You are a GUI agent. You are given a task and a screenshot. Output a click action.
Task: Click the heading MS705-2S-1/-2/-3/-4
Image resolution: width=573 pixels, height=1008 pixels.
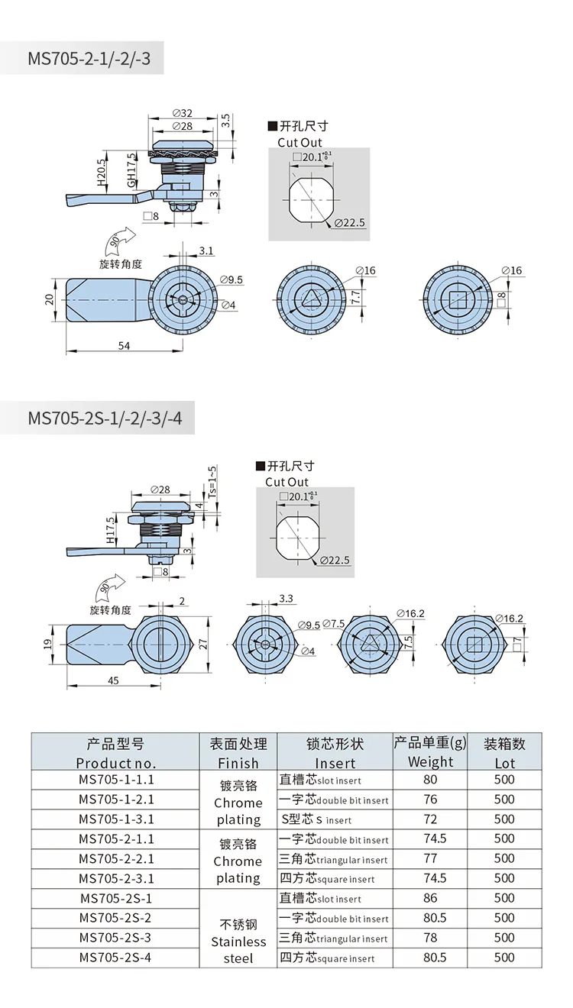point(105,418)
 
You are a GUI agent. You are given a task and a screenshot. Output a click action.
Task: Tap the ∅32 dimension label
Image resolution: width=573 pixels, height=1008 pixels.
point(182,113)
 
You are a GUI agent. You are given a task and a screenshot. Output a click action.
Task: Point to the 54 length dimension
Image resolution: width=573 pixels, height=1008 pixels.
point(124,346)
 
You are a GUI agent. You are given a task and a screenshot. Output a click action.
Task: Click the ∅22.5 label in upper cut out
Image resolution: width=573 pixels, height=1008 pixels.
point(350,222)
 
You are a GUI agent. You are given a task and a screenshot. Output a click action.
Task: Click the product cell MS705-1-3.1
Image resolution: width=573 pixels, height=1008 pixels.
point(116,819)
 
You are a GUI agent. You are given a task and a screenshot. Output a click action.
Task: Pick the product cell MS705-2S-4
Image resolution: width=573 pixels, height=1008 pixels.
point(116,958)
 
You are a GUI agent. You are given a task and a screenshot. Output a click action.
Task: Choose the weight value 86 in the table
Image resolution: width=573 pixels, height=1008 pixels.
point(430,898)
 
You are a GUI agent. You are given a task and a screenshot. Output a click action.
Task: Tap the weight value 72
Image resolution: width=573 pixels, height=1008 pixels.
point(430,819)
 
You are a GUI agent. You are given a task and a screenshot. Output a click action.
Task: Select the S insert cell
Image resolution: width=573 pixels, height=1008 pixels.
point(335,819)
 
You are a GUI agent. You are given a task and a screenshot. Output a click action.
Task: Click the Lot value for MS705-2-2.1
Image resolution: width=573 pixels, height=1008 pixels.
point(504,858)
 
